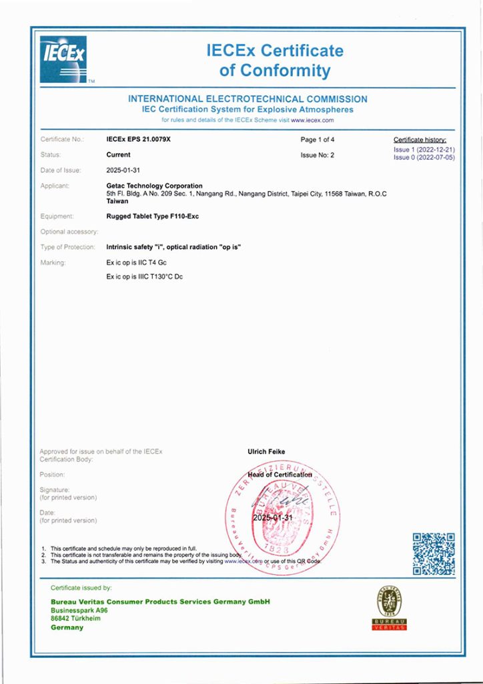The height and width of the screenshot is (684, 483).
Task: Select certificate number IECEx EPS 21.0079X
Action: pos(143,140)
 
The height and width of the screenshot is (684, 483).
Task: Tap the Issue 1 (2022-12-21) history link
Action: pos(424,150)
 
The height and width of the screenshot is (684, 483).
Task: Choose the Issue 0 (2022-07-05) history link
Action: pos(424,158)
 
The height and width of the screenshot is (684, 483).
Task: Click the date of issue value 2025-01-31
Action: pos(125,170)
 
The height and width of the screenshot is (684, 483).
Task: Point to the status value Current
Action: pos(119,154)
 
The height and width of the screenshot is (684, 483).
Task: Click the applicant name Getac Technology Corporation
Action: pos(155,186)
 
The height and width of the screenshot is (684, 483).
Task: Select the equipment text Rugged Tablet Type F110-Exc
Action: pos(153,216)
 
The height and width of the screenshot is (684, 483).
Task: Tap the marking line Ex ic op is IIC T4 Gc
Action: pos(137,263)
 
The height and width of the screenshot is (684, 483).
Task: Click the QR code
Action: pos(433,554)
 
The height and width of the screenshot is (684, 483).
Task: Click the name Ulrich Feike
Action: pos(266,452)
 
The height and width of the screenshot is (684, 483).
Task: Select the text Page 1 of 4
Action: pos(318,140)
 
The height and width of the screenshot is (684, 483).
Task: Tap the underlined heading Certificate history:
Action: pos(421,140)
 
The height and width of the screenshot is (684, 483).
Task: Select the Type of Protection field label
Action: pos(67,247)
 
